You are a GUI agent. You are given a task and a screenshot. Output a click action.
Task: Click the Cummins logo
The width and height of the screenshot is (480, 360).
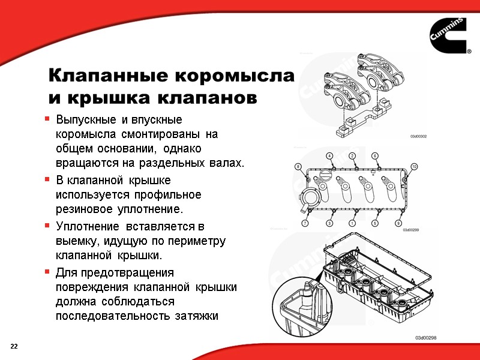449,37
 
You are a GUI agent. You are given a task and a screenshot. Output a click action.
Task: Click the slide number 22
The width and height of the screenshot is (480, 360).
14,347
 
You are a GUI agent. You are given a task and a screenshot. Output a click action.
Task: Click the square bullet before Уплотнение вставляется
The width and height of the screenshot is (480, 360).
47,227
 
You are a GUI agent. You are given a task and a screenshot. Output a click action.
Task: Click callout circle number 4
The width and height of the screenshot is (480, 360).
329,156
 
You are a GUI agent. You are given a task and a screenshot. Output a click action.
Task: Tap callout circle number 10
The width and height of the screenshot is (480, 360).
413,166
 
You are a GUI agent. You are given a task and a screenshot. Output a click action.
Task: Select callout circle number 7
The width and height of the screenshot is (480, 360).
305,223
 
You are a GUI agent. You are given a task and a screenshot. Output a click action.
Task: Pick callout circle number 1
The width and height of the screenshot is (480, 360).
352,223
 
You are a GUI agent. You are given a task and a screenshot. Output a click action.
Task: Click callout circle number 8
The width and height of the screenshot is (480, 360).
298,166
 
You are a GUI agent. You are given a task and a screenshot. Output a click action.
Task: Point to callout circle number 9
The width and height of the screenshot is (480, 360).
398,223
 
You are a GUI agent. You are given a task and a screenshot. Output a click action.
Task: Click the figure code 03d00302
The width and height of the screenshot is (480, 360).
418,137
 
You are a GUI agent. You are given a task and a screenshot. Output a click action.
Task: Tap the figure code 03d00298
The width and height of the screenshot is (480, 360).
426,338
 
